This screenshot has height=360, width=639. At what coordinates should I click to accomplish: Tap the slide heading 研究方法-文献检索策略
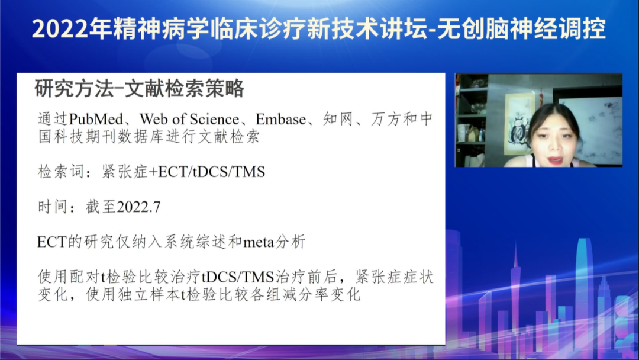(140, 89)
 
